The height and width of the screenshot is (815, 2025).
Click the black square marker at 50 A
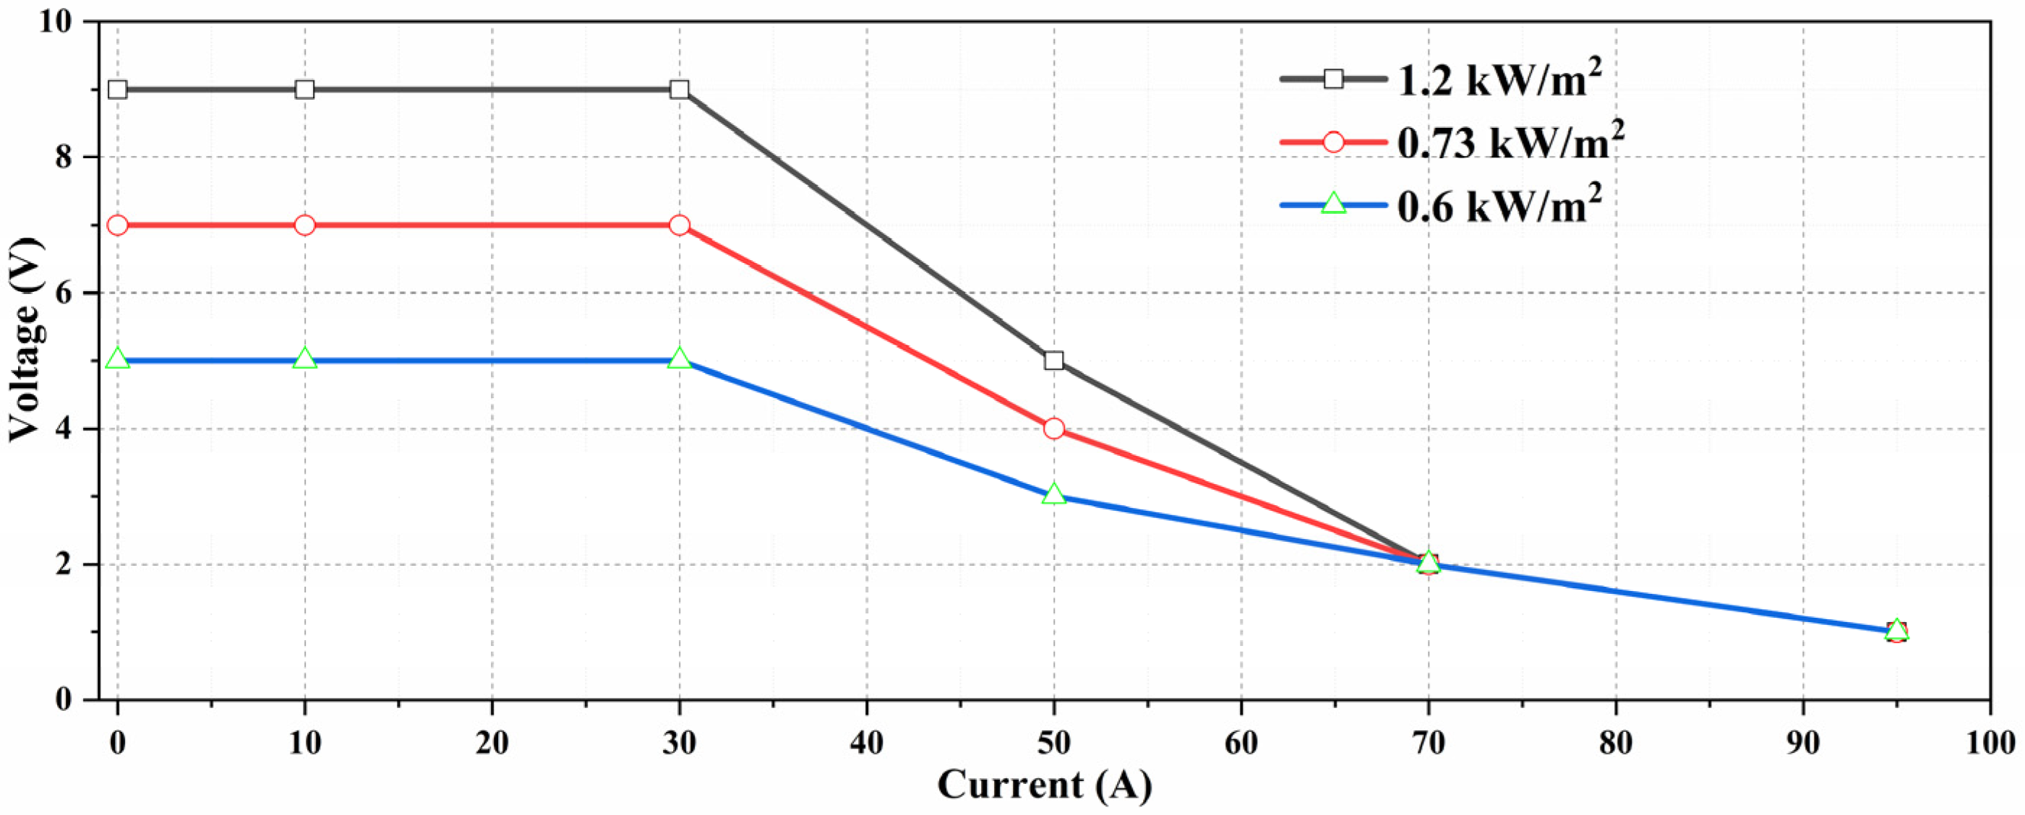click(1053, 361)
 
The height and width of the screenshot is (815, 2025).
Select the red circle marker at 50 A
click(1053, 428)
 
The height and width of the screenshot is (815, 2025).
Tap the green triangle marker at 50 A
click(1053, 495)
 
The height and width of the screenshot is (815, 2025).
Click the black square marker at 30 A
click(679, 90)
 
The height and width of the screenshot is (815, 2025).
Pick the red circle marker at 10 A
click(305, 225)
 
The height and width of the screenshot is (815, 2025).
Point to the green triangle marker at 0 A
click(118, 359)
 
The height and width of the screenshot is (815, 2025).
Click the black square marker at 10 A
click(305, 90)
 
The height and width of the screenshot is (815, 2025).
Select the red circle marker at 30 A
click(679, 225)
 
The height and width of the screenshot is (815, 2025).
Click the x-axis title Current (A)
click(1045, 785)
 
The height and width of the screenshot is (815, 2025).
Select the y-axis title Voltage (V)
click(25, 340)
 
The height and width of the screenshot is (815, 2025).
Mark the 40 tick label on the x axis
click(866, 743)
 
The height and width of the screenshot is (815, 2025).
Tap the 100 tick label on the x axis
click(1989, 743)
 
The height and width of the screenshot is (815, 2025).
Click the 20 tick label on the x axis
click(492, 743)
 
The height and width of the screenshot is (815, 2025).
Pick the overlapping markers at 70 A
click(1429, 564)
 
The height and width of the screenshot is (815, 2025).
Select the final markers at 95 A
click(1896, 631)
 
